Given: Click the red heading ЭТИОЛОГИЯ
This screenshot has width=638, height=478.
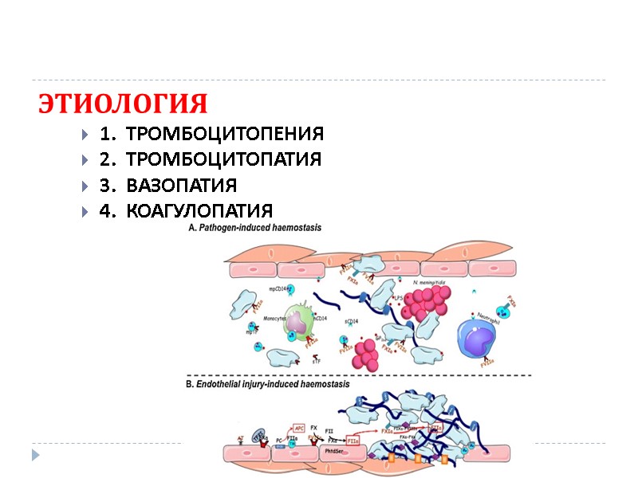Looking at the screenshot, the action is pyautogui.click(x=123, y=104).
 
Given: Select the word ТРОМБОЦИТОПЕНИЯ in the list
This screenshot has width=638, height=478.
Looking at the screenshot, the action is pyautogui.click(x=225, y=133).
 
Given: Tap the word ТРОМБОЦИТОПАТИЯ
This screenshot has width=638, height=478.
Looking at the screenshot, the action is pyautogui.click(x=223, y=159).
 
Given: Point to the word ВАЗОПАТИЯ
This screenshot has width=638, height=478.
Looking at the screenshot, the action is pyautogui.click(x=181, y=186).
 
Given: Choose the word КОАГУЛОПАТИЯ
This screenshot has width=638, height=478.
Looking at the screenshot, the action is pyautogui.click(x=199, y=211).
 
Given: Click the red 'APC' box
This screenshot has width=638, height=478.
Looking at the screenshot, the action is pyautogui.click(x=300, y=428).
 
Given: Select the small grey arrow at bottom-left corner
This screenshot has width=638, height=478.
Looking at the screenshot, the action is pyautogui.click(x=34, y=454).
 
